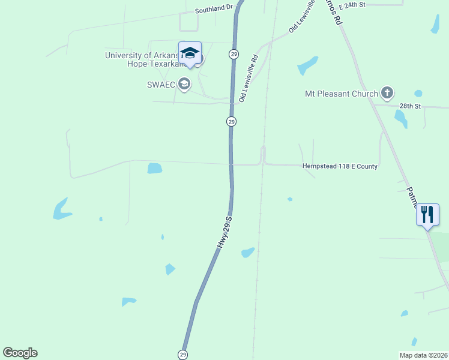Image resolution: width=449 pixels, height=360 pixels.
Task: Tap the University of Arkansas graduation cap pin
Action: point(190,53)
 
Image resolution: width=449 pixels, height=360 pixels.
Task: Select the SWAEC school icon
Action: point(184,84)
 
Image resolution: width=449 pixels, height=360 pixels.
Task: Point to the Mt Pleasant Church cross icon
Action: point(387,93)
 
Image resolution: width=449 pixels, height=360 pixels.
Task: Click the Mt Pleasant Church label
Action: point(342,94)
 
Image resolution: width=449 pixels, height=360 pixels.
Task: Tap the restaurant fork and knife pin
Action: point(427,215)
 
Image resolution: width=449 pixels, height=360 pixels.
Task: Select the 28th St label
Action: point(411,106)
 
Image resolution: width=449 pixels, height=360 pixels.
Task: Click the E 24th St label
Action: point(352,5)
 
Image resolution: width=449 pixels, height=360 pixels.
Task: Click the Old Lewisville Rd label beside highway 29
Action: point(248,79)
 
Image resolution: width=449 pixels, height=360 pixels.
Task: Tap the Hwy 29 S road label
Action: point(224,232)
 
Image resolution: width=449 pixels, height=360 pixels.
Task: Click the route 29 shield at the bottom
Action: point(182,355)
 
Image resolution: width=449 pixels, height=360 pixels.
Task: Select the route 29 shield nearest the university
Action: point(234,54)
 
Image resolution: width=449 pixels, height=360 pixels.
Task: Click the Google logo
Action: point(20,353)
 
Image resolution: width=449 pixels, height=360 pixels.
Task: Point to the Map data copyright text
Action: point(423,355)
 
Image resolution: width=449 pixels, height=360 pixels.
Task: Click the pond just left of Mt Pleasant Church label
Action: point(307,65)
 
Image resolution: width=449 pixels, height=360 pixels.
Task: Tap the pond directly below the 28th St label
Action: point(400,119)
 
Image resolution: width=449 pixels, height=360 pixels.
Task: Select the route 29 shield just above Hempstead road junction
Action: point(231,122)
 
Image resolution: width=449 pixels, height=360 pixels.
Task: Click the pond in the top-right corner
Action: point(435,23)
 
